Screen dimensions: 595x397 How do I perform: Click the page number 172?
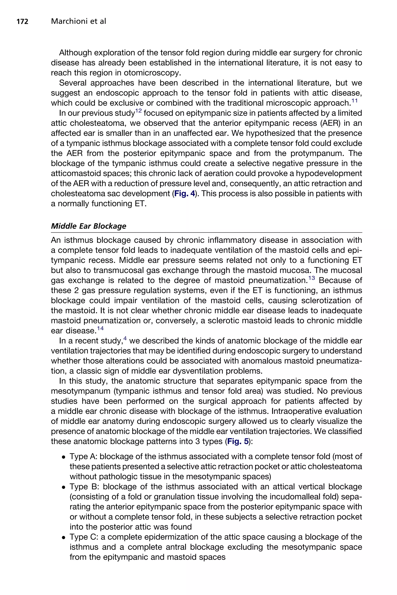click(22, 22)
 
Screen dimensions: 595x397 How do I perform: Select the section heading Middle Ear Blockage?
click(88, 226)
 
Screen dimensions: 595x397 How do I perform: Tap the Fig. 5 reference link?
click(238, 441)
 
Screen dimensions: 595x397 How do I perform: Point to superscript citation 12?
click(138, 111)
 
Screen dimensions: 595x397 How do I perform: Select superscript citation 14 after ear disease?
click(101, 328)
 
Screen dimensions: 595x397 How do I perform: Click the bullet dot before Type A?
click(64, 457)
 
